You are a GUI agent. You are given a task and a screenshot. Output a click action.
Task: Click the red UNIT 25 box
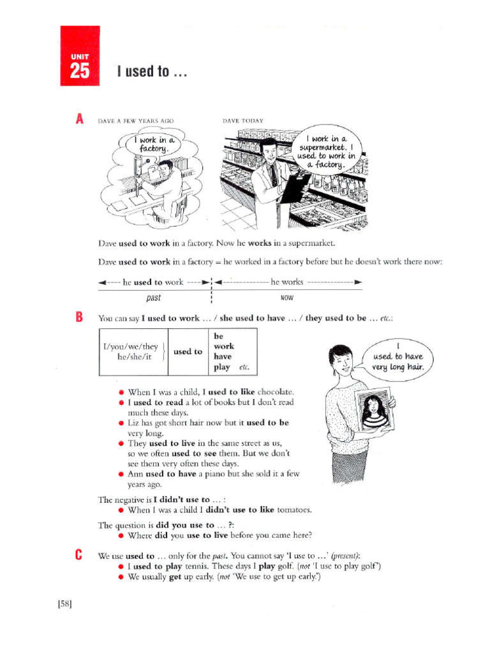coord(80,56)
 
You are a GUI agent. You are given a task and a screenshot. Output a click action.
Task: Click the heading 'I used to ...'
coord(152,71)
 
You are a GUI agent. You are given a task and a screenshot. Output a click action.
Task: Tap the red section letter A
coord(79,119)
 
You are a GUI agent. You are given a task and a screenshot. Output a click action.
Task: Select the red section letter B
coord(79,317)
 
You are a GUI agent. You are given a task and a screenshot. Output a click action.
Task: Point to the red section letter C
coord(79,554)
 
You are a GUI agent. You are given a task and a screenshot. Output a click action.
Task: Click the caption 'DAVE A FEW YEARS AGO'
coord(135,120)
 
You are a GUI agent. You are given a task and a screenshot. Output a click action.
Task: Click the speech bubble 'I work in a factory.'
coord(154,144)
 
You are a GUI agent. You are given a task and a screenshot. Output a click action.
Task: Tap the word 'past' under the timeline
coord(153,298)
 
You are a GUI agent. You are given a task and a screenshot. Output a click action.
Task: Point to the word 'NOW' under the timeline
coord(287,298)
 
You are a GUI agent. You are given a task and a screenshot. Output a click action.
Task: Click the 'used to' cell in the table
coord(188,351)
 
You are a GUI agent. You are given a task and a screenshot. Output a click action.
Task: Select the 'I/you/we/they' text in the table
coord(130,347)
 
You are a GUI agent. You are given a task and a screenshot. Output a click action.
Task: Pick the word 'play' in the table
coord(222,367)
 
